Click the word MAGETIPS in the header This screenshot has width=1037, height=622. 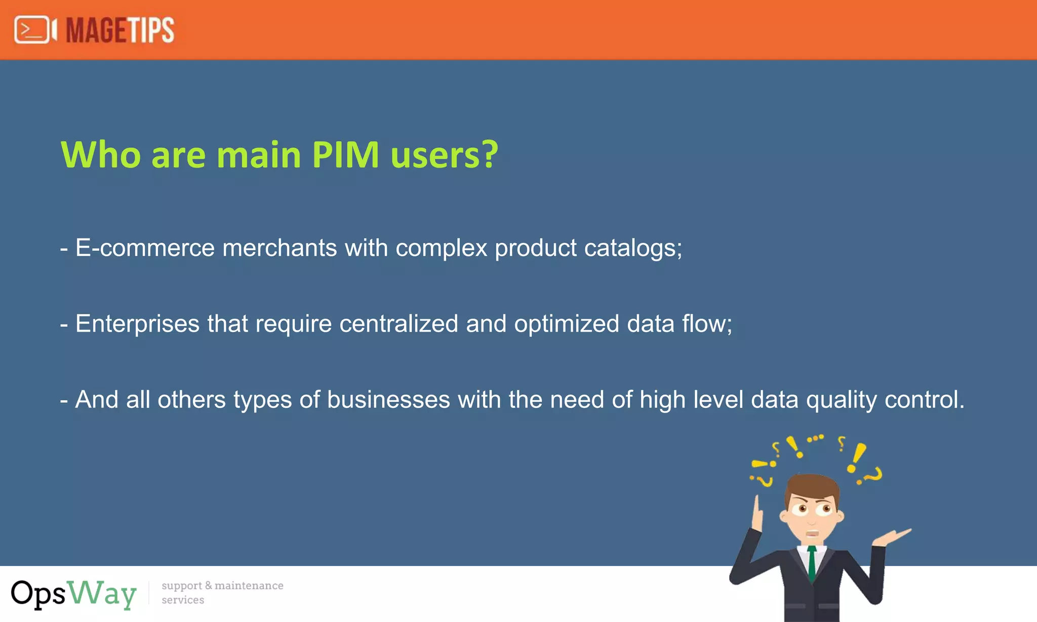(120, 30)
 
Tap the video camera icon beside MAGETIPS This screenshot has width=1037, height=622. (35, 30)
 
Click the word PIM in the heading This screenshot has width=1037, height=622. (345, 154)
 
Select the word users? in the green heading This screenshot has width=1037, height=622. (445, 154)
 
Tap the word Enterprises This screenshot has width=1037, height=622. (137, 324)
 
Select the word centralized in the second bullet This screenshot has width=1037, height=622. (398, 324)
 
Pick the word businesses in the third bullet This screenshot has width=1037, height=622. (388, 400)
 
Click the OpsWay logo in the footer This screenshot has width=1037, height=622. (74, 594)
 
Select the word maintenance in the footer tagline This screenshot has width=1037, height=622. (249, 586)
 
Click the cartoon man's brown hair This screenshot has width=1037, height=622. (812, 486)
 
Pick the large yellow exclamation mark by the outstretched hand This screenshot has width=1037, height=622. (857, 457)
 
